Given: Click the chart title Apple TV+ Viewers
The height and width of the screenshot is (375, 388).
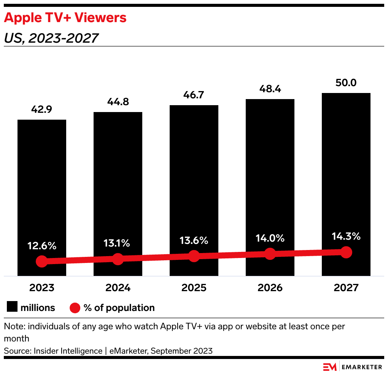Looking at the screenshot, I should pyautogui.click(x=65, y=18).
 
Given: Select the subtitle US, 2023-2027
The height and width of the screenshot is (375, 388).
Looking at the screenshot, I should pyautogui.click(x=51, y=38).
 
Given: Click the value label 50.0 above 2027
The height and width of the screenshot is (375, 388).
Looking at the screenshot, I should pyautogui.click(x=346, y=83).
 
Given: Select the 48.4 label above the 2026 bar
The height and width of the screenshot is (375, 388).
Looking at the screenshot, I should pyautogui.click(x=270, y=89).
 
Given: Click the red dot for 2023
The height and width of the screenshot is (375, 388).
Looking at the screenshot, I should pyautogui.click(x=42, y=261).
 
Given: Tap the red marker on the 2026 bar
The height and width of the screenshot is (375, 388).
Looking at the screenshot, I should pyautogui.click(x=270, y=254).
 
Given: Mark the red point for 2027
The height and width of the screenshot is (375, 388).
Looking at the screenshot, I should pyautogui.click(x=346, y=252).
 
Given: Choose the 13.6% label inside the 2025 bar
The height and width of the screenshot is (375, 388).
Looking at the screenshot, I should pyautogui.click(x=194, y=240).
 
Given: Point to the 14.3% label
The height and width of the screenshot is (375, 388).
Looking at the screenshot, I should pyautogui.click(x=346, y=236).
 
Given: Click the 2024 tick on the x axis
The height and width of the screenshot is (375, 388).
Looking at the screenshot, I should pyautogui.click(x=118, y=287).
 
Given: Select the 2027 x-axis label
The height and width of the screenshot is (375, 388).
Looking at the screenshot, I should pyautogui.click(x=346, y=287).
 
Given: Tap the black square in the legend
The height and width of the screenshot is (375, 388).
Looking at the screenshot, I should pyautogui.click(x=12, y=307).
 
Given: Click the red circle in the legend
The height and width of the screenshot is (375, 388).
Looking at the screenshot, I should pyautogui.click(x=75, y=308).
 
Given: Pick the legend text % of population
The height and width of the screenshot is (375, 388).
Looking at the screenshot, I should pyautogui.click(x=119, y=308).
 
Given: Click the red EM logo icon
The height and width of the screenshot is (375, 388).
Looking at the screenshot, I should pyautogui.click(x=330, y=367).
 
